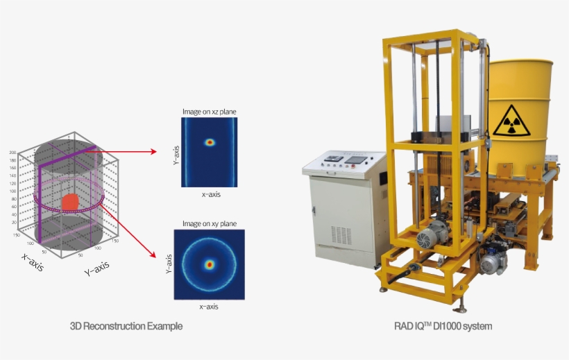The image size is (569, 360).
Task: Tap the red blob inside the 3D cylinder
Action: tap(70, 203)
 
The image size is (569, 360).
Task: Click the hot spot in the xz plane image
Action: tap(210, 142)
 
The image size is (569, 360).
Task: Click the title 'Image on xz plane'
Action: tap(210, 111)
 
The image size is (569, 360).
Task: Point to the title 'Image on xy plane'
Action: tap(210, 223)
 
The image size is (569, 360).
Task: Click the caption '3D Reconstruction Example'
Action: tap(126, 326)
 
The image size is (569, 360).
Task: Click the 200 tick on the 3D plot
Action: tap(12, 152)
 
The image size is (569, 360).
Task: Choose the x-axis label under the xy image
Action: tap(210, 306)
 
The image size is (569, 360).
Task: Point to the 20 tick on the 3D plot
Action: tap(13, 223)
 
